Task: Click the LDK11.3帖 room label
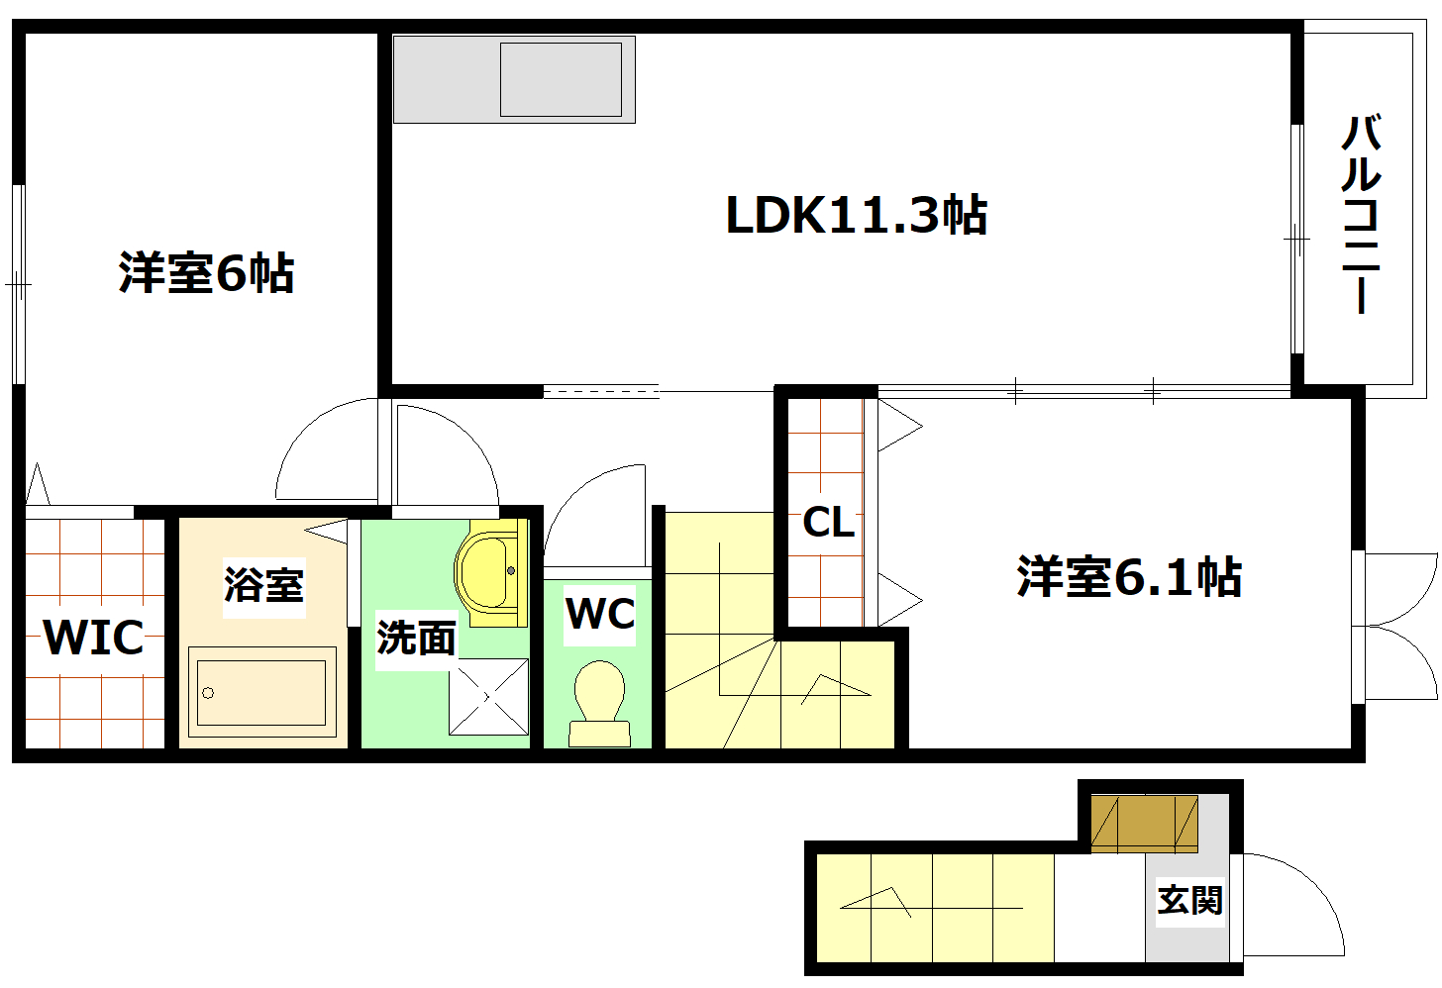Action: tap(857, 215)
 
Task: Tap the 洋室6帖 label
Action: tap(206, 272)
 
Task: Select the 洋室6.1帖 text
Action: tap(1129, 576)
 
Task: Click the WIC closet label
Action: tap(94, 638)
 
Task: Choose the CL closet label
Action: tap(828, 522)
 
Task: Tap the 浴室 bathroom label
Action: tap(263, 585)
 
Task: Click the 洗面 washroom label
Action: tap(416, 639)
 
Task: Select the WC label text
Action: tap(600, 614)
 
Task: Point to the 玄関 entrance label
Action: tap(1189, 901)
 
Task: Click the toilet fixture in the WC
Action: tap(599, 702)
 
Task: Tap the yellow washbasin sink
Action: tap(488, 572)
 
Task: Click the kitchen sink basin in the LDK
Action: tap(561, 79)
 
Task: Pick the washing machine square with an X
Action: tap(488, 697)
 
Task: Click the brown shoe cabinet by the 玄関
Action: tap(1144, 823)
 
